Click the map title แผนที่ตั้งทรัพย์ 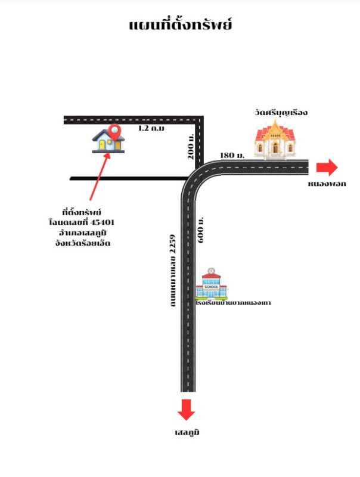pos(180,25)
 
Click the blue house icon pos(108,142)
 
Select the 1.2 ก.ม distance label pos(151,128)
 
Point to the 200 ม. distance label pos(190,145)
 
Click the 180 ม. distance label pos(232,155)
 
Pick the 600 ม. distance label pos(201,230)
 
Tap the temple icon pos(275,140)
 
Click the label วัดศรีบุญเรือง pos(275,112)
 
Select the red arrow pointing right pos(327,167)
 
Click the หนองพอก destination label pos(327,184)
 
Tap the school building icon pos(212,284)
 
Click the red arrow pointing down pos(187,410)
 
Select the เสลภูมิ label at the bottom pos(187,432)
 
